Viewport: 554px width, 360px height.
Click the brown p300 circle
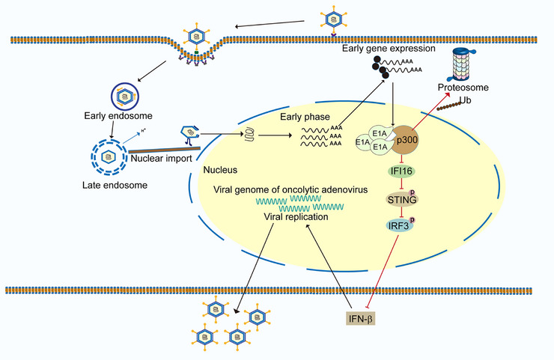(406, 140)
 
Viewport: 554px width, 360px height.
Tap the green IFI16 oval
(401, 171)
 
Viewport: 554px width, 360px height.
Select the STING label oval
(402, 200)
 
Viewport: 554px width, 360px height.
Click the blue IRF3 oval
(399, 225)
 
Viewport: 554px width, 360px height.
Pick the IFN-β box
(360, 319)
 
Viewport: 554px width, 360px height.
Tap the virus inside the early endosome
(125, 96)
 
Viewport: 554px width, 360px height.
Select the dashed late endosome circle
(109, 156)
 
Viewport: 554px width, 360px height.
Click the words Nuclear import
(161, 158)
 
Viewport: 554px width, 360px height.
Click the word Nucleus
(220, 170)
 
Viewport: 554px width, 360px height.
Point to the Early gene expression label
(389, 49)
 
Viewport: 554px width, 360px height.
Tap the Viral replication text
(296, 216)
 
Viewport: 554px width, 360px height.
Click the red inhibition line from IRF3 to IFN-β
(383, 271)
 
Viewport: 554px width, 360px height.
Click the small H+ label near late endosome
(144, 131)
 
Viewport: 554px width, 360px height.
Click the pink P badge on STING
(412, 192)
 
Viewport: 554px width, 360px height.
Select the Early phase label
(305, 117)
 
